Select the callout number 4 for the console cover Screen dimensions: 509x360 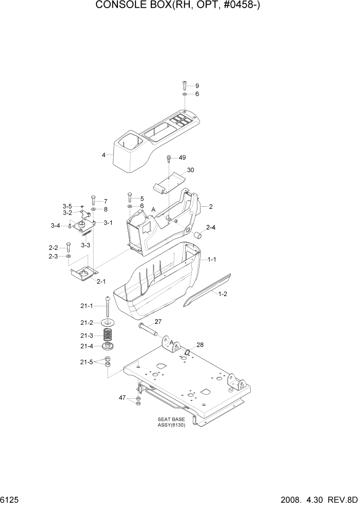pos(104,154)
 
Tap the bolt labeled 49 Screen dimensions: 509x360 pos(169,158)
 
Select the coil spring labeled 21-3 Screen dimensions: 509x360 pos(108,336)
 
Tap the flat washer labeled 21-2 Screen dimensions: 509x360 pos(108,323)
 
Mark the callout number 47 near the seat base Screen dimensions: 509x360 pos(122,398)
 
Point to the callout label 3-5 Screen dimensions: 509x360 pos(67,206)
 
